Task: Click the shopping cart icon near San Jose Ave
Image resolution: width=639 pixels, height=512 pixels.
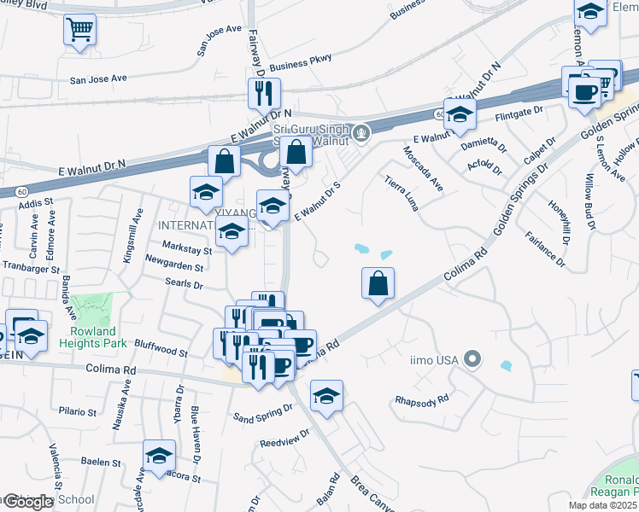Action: [79, 31]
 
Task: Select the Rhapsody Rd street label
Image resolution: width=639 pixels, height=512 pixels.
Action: [421, 399]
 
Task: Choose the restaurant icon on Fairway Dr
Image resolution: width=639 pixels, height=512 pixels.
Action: [264, 91]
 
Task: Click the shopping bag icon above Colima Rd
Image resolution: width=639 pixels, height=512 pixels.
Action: [378, 283]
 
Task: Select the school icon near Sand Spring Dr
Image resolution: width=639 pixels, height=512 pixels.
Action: [325, 395]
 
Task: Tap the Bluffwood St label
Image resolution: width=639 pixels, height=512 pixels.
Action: [161, 351]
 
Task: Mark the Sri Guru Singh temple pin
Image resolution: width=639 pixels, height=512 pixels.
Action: [362, 132]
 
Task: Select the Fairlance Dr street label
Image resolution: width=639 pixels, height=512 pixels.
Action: [545, 248]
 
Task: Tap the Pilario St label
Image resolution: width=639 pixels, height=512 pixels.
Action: [79, 411]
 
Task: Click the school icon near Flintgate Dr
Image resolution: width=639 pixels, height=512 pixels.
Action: [460, 114]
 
